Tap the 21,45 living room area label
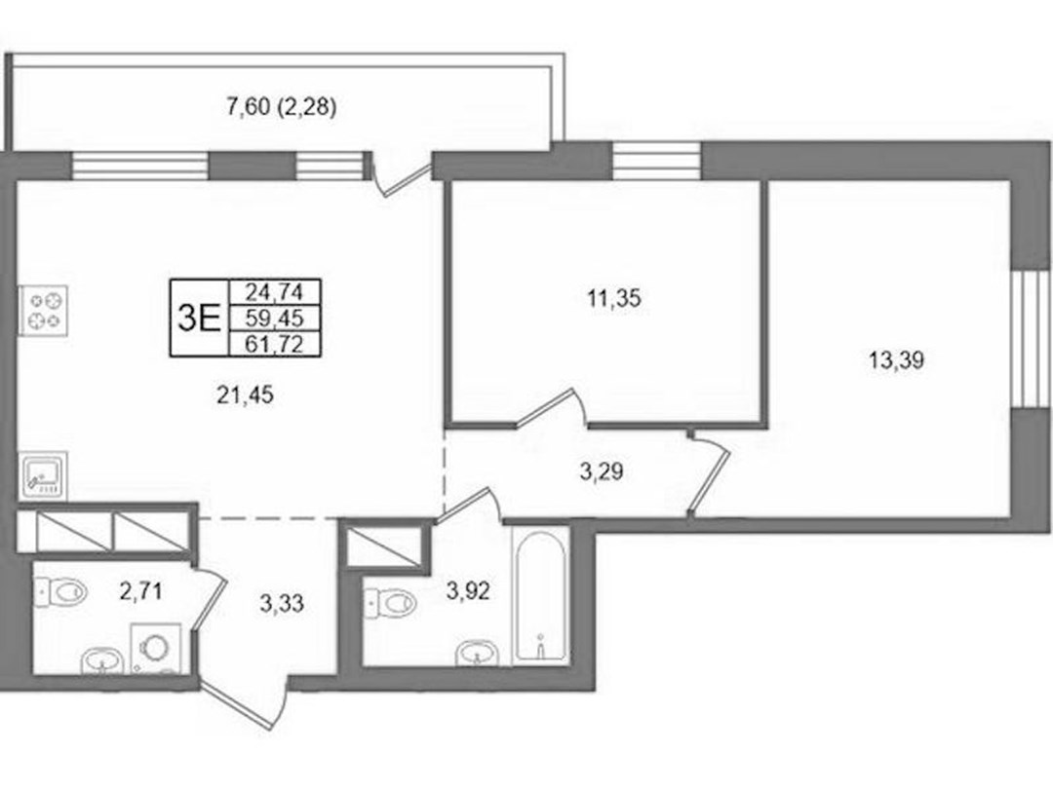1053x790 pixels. pos(245,395)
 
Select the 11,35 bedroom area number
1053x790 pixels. pos(614,298)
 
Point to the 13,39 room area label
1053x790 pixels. pos(897,361)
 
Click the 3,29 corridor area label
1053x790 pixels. pos(601,471)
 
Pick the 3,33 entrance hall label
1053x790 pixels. pos(282,604)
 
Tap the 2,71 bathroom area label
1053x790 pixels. pos(141,592)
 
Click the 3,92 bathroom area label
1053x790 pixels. pos(468,591)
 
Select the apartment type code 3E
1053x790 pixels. pos(199,318)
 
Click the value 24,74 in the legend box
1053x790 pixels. pos(274,292)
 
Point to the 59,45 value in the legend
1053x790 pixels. pos(274,318)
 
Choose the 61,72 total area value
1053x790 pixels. pos(274,344)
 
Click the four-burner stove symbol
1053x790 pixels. pos(43,310)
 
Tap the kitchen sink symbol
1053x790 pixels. pos(43,475)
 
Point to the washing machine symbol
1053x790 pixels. pos(156,648)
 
